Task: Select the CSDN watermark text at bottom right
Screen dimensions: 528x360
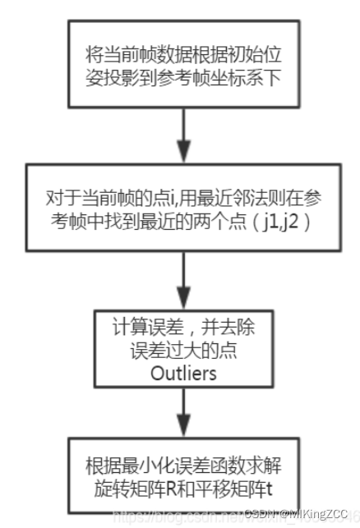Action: [x=292, y=516]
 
